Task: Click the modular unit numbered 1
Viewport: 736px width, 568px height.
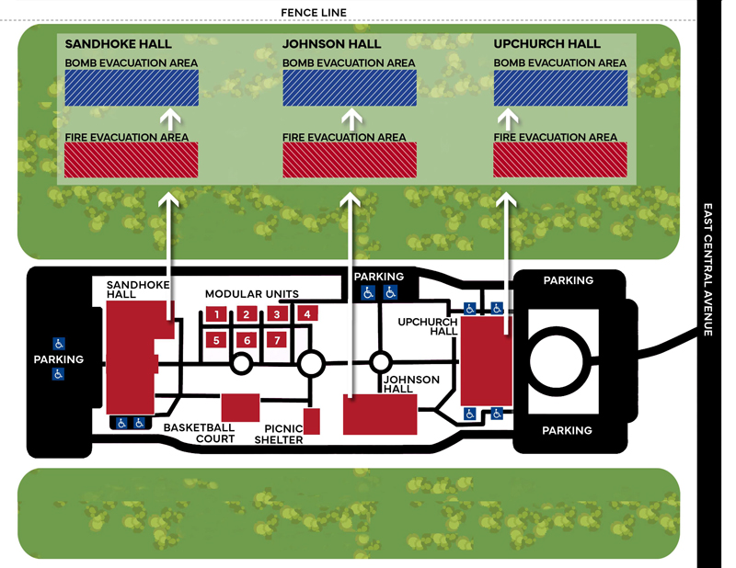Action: click(x=215, y=314)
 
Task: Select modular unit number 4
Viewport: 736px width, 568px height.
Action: click(x=307, y=313)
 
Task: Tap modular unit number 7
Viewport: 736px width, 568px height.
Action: click(x=276, y=340)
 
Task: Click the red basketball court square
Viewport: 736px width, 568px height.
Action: click(x=240, y=407)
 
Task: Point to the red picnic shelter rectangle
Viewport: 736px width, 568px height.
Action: click(x=311, y=421)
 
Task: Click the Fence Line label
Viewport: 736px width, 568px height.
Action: click(x=319, y=12)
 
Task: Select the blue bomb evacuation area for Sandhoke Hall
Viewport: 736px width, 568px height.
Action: click(x=131, y=88)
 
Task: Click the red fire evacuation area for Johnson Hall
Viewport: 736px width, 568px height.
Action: click(x=349, y=160)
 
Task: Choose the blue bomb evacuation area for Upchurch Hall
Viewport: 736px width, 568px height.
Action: click(x=560, y=88)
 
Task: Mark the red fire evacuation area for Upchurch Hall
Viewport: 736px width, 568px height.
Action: click(x=560, y=160)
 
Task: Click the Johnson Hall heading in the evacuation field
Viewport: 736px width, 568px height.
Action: click(x=332, y=44)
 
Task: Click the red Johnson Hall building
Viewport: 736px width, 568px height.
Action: click(x=380, y=415)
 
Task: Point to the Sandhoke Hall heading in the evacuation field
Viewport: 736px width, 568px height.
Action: click(x=117, y=44)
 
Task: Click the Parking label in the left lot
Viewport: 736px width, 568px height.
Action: click(x=58, y=359)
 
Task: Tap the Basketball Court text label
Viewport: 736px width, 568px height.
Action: click(x=199, y=433)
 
